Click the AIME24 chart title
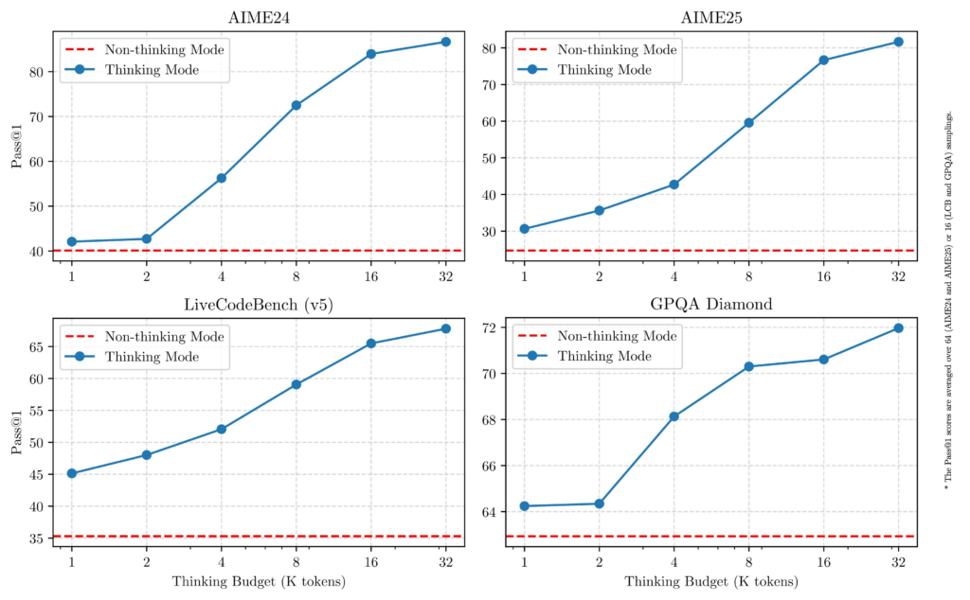(258, 18)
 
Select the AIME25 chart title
(710, 18)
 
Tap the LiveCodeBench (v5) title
(258, 304)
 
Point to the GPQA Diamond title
(710, 304)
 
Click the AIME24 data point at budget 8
(296, 105)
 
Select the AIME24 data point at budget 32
(445, 42)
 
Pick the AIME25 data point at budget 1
(524, 229)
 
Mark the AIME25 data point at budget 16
(823, 61)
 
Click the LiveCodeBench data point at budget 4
(221, 429)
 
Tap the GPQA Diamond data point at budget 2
(599, 503)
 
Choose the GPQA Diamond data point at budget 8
(748, 366)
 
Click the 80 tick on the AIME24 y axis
(36, 72)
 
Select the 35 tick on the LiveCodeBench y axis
(36, 539)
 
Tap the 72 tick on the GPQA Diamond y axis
(490, 328)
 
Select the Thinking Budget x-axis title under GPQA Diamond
(710, 582)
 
